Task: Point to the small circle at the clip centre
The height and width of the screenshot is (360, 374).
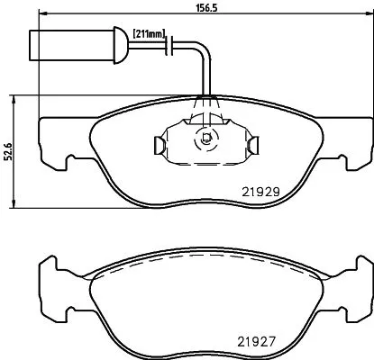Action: tap(205, 140)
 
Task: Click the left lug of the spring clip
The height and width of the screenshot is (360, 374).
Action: tap(159, 145)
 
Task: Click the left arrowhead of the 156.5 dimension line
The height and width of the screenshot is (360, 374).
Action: tap(43, 16)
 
